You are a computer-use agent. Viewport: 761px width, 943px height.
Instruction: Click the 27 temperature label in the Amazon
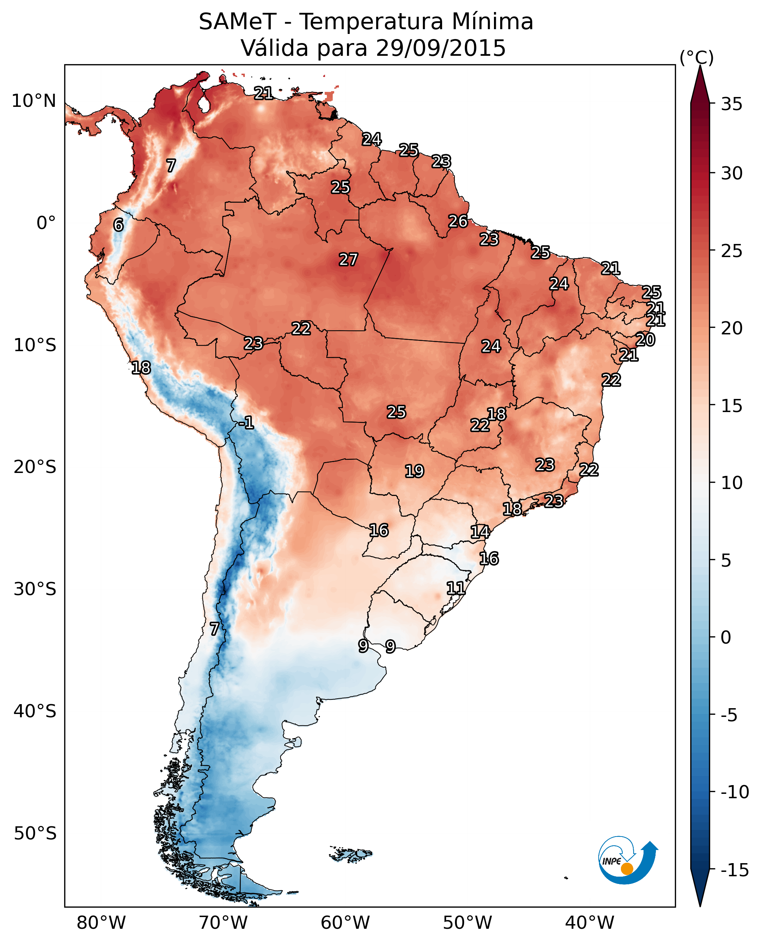[x=348, y=259]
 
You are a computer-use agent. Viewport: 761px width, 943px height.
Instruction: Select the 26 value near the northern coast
[x=457, y=221]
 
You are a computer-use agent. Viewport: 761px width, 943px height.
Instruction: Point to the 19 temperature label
[x=414, y=471]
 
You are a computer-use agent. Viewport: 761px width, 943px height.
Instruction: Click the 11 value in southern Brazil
[x=455, y=588]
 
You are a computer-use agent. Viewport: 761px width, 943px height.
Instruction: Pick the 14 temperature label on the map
[x=480, y=532]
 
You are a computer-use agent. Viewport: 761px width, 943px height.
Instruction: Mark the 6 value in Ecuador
[x=118, y=225]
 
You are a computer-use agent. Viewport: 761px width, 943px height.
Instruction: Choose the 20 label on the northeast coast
[x=645, y=339]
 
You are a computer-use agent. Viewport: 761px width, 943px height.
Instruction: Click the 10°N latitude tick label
[x=34, y=101]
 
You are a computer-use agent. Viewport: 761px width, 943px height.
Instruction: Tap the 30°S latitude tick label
[x=35, y=589]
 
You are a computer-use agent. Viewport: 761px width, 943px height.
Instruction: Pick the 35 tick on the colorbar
[x=731, y=104]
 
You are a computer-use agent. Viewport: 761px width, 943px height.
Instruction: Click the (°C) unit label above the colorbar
[x=696, y=57]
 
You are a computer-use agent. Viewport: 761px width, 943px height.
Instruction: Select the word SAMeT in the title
[x=237, y=22]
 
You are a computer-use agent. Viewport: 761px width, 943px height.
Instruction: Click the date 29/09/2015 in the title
[x=441, y=48]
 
